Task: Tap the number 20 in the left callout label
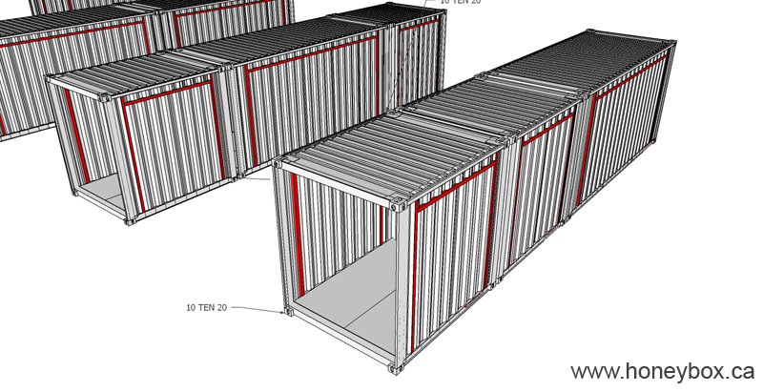(x=222, y=307)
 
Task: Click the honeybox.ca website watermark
(x=663, y=371)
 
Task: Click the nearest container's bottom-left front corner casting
(x=287, y=312)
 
